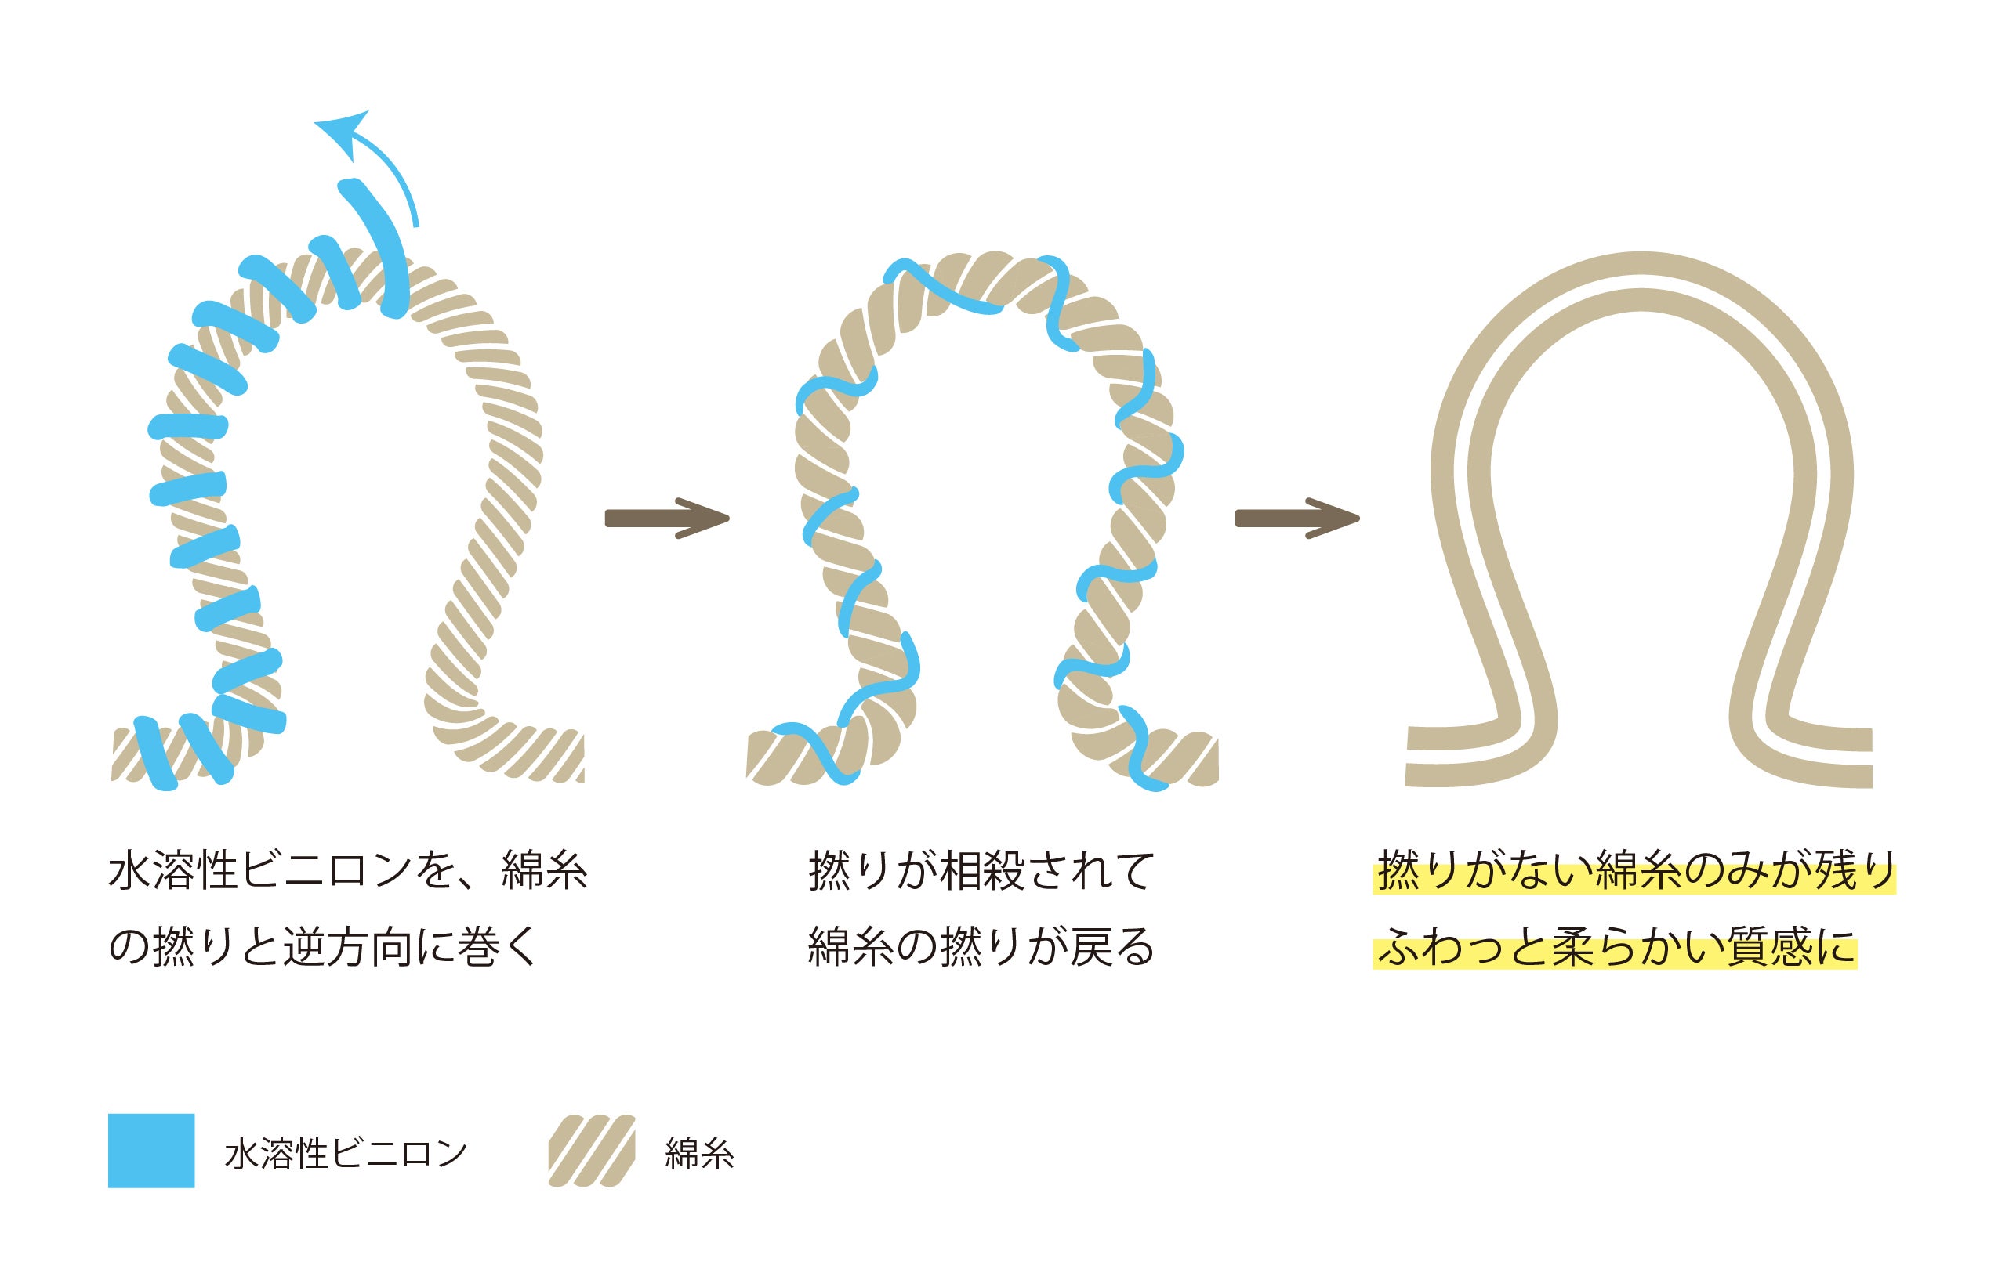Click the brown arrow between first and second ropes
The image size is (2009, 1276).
click(x=665, y=518)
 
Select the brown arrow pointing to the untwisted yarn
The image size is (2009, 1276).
click(x=1296, y=518)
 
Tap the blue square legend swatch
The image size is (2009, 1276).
click(x=151, y=1150)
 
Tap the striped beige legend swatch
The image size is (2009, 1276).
click(x=592, y=1150)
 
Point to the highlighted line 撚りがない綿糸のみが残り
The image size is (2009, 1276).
click(x=1634, y=873)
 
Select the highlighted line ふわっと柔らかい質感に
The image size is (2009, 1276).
click(x=1616, y=949)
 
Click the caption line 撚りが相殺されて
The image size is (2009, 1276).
click(x=981, y=873)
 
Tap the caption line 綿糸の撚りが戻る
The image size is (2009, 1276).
click(x=981, y=949)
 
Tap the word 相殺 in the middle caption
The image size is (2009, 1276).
click(x=983, y=873)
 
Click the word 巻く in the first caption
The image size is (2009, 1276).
click(x=497, y=949)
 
